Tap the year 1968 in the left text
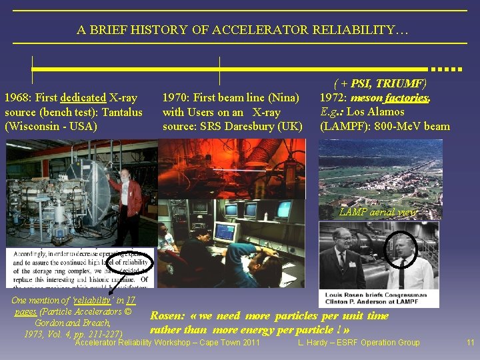click(17, 98)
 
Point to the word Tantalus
click(121, 112)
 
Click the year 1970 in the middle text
click(175, 98)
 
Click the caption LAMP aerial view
click(378, 212)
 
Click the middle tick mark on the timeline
click(219, 69)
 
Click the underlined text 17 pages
click(27, 311)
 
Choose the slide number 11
click(470, 343)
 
